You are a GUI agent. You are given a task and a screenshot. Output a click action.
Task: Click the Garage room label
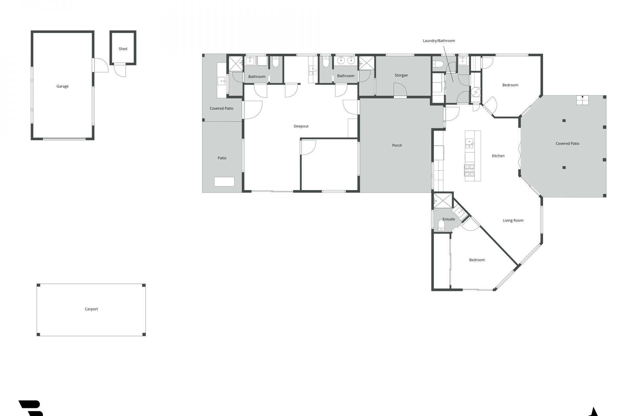[62, 86]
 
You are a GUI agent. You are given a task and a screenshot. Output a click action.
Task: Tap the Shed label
[123, 49]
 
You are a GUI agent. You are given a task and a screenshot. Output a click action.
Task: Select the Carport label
[91, 309]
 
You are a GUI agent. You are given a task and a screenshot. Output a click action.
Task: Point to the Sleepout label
[301, 126]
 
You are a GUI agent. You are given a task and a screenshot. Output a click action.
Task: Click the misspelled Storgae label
[401, 75]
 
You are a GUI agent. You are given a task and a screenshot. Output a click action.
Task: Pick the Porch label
[397, 146]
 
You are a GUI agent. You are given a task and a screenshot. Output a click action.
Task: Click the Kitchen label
[498, 156]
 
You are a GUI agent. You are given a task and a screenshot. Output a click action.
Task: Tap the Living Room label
[513, 221]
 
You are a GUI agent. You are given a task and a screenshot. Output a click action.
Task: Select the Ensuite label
[449, 219]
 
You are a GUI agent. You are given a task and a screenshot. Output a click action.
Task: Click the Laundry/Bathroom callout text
[439, 41]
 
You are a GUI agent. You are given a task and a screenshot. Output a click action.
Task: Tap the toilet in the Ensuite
[441, 225]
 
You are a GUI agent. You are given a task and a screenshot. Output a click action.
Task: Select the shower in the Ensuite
[443, 201]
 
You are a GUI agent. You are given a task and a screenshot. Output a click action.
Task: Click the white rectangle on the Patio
[224, 182]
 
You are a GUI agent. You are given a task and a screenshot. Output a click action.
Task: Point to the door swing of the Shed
[120, 71]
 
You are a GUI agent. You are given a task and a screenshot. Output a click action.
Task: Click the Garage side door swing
[101, 65]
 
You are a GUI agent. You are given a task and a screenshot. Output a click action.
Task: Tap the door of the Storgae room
[400, 90]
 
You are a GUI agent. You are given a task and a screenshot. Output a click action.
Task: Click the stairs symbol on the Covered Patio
[583, 100]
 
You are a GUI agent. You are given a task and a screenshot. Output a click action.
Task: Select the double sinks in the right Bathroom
[346, 60]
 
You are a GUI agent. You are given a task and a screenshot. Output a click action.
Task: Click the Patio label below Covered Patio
[222, 158]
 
